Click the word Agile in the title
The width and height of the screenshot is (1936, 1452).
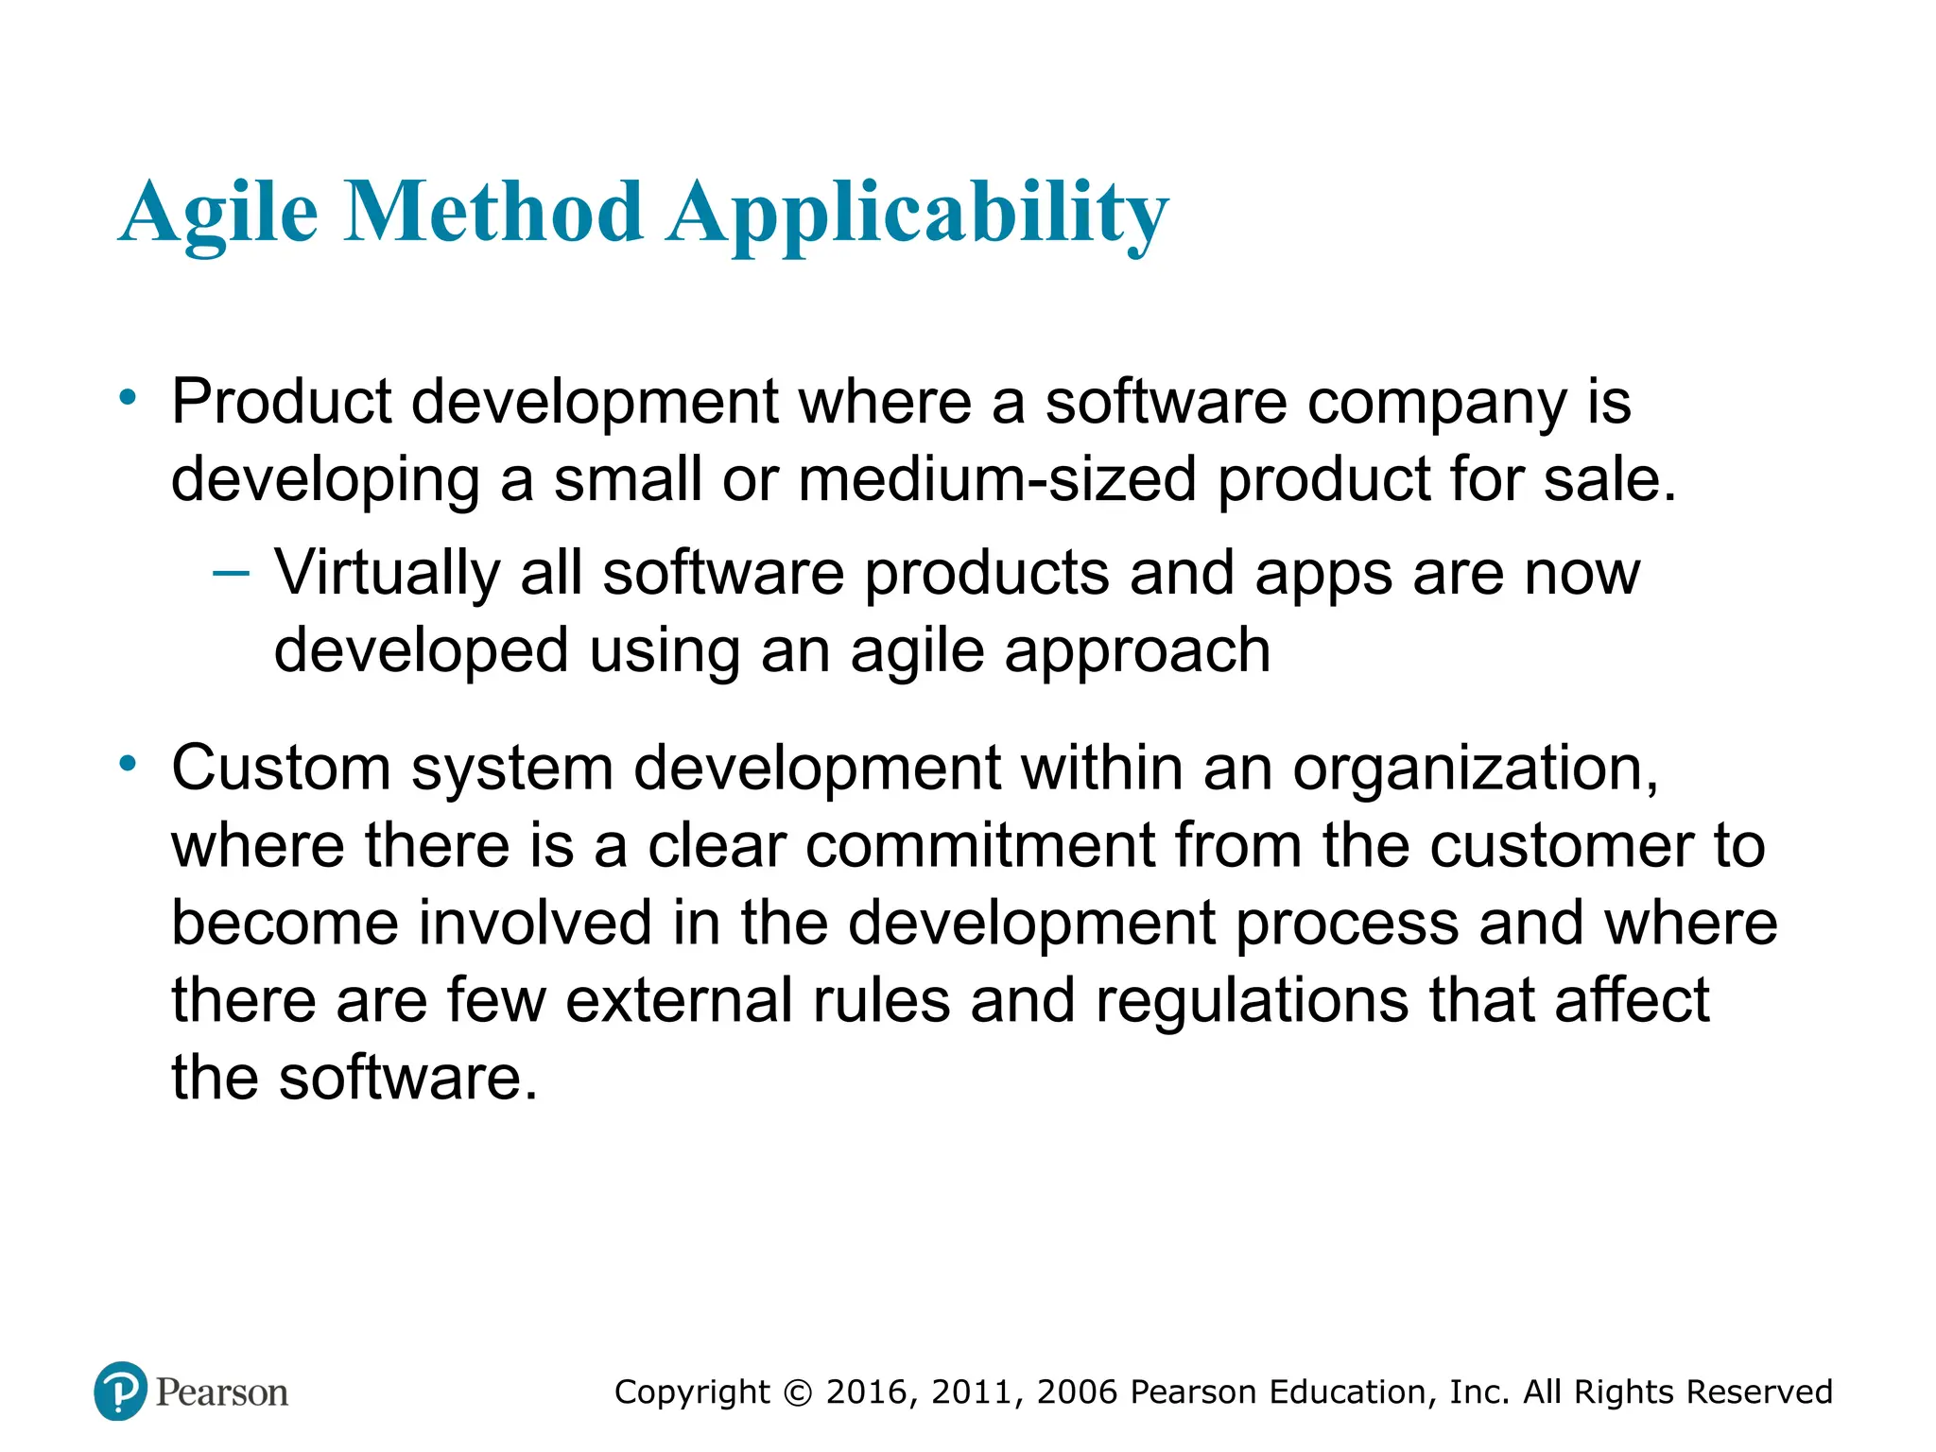click(218, 214)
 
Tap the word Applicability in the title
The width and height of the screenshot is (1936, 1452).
click(917, 214)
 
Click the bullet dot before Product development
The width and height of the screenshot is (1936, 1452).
click(128, 397)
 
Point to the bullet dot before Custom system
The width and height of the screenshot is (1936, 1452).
click(128, 762)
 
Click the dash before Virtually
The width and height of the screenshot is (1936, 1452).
click(232, 572)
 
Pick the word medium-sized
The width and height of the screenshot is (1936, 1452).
click(996, 480)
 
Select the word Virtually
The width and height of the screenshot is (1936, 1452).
click(387, 575)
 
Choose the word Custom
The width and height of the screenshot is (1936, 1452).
click(281, 768)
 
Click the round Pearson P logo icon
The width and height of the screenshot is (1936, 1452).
click(121, 1391)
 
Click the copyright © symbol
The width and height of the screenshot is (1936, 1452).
click(799, 1393)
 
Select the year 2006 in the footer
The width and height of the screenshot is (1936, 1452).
click(1077, 1392)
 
